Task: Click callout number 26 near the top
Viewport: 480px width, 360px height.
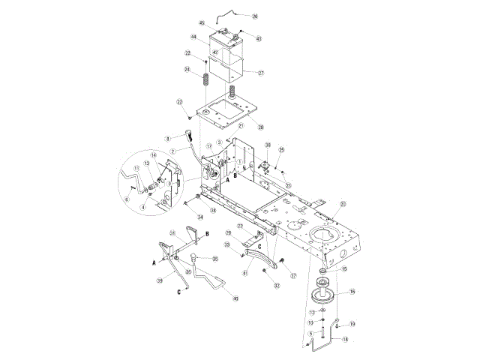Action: [x=254, y=16]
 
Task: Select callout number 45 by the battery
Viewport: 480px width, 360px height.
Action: [x=202, y=24]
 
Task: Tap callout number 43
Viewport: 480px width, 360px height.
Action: [x=259, y=37]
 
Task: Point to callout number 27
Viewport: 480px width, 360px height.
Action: [x=261, y=73]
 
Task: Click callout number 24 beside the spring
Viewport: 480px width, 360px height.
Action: [x=187, y=70]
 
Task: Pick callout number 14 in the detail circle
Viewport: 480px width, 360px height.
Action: [x=154, y=155]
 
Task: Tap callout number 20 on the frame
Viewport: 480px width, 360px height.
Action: [x=343, y=203]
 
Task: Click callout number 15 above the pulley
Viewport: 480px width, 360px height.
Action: [x=345, y=268]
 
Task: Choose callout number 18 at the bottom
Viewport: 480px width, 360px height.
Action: [x=345, y=340]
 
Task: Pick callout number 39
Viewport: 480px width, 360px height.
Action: [x=160, y=280]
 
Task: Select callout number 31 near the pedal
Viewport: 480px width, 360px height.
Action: [x=172, y=232]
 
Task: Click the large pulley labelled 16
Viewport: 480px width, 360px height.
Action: [x=325, y=291]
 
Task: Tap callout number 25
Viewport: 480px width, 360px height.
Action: [x=281, y=148]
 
